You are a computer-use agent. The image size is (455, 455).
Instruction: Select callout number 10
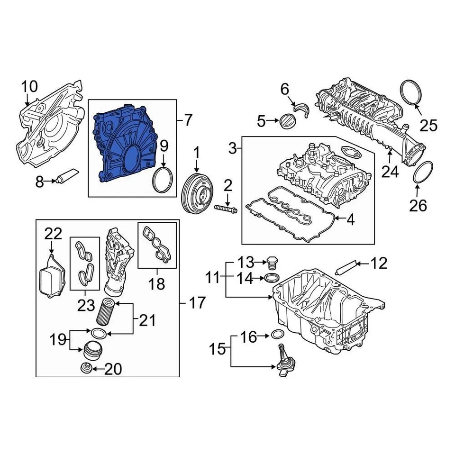(29, 87)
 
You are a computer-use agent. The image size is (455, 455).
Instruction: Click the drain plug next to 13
(272, 262)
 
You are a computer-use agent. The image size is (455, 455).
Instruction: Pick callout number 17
(198, 301)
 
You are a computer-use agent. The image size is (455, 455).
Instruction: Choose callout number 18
(157, 283)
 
